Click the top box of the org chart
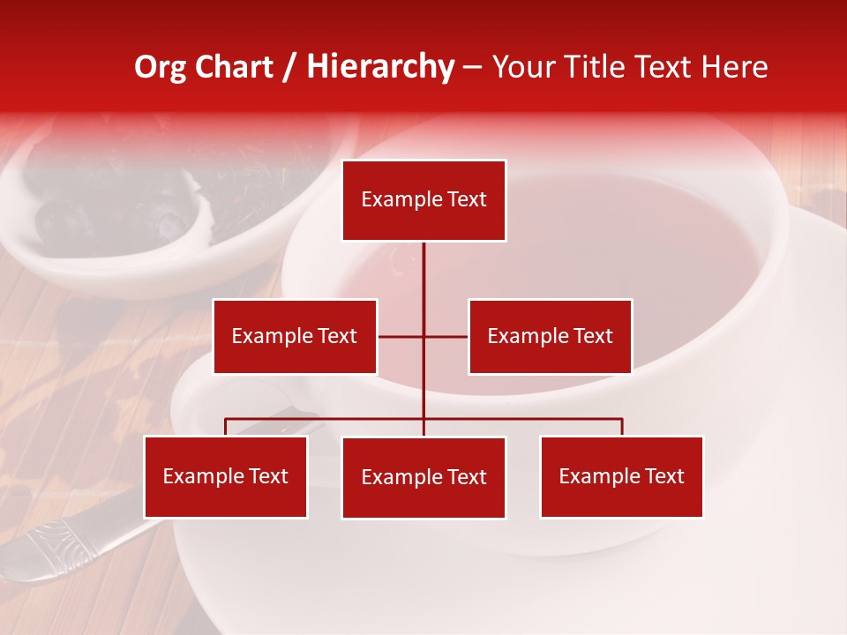click(x=423, y=200)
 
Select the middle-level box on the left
click(x=295, y=336)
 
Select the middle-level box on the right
click(x=550, y=336)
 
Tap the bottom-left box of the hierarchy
click(x=226, y=476)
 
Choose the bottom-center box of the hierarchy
click(x=423, y=477)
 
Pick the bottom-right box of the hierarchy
click(x=621, y=476)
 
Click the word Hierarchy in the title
click(x=380, y=67)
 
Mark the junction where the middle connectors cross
click(x=423, y=336)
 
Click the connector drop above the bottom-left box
click(x=226, y=427)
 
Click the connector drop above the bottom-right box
click(x=622, y=427)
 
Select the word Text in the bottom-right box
click(x=664, y=476)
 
